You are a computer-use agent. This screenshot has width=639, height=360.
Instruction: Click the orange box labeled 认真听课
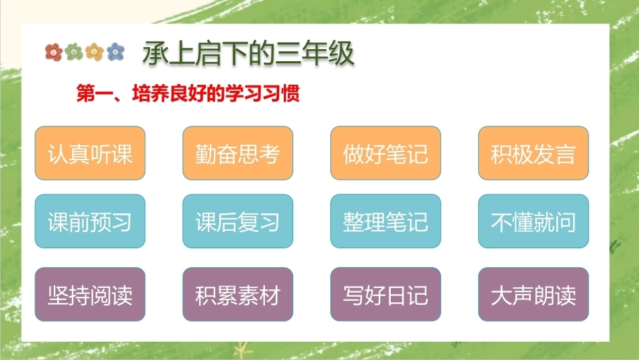click(x=90, y=153)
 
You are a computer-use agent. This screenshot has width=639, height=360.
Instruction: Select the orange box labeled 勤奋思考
click(x=237, y=153)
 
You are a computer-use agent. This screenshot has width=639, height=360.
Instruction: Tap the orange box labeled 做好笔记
click(x=385, y=153)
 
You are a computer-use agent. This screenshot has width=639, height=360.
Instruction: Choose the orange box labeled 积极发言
click(x=533, y=153)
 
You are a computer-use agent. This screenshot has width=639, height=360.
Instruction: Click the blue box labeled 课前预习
click(x=90, y=221)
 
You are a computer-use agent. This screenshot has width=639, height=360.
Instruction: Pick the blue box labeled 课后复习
click(x=237, y=221)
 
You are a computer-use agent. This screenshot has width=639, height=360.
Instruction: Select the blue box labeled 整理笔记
click(x=385, y=221)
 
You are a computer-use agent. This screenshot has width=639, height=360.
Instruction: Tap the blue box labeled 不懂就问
click(x=533, y=221)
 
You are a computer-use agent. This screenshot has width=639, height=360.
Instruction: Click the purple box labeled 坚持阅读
click(x=90, y=294)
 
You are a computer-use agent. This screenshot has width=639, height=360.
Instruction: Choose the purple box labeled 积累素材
click(x=237, y=294)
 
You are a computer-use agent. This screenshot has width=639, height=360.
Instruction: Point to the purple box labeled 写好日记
click(x=385, y=294)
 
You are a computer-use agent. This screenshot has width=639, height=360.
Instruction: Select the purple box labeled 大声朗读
click(x=533, y=294)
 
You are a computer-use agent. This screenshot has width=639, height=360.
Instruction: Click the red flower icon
click(x=54, y=52)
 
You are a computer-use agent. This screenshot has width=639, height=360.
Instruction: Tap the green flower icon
click(x=74, y=52)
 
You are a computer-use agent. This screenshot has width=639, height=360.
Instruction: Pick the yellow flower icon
click(x=95, y=52)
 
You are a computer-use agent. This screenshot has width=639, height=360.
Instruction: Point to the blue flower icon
click(x=116, y=52)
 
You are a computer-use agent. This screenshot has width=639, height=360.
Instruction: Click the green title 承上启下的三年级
click(x=248, y=53)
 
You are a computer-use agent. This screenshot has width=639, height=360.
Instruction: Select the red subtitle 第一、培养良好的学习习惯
click(x=188, y=94)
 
